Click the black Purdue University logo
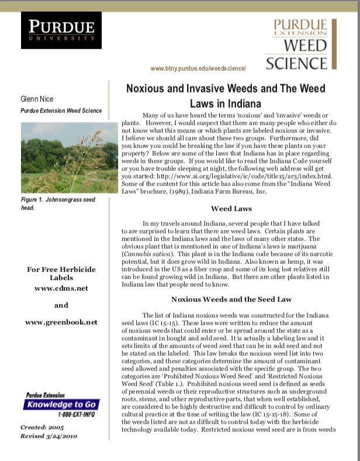(x=61, y=30)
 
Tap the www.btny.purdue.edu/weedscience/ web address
(x=198, y=68)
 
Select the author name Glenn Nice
(x=37, y=99)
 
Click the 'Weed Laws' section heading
(x=231, y=208)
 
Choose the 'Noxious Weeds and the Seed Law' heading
(x=231, y=299)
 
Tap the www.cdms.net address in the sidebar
(x=61, y=288)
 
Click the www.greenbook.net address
(x=61, y=322)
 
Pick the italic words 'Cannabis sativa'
(x=146, y=254)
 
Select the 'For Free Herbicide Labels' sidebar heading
(x=61, y=273)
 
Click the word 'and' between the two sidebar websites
(x=61, y=305)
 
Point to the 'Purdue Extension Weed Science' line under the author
(x=61, y=111)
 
